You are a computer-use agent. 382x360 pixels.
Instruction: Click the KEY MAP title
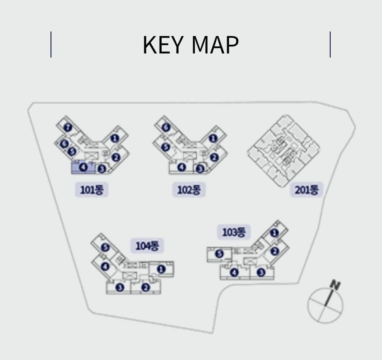click(x=191, y=45)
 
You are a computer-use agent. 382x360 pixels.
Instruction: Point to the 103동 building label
click(x=234, y=232)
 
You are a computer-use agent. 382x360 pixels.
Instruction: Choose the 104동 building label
click(x=147, y=246)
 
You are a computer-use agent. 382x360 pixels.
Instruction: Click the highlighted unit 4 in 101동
click(x=84, y=167)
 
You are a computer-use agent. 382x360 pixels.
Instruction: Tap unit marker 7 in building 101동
click(x=68, y=127)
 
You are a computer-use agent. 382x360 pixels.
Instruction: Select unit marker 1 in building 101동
click(x=115, y=138)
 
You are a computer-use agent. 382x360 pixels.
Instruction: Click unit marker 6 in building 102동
click(x=166, y=127)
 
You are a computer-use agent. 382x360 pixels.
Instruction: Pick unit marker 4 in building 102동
click(x=181, y=167)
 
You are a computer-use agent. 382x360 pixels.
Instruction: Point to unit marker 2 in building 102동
click(x=214, y=157)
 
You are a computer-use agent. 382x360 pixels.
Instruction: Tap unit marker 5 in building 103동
click(x=219, y=254)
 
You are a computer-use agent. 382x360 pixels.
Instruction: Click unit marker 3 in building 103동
click(x=261, y=272)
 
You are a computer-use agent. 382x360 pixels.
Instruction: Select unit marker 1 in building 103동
click(x=274, y=233)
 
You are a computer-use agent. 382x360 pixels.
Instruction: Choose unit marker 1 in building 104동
click(x=161, y=269)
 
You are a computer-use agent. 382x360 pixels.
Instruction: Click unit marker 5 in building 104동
click(x=105, y=247)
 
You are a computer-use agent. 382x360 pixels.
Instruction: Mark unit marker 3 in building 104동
click(x=120, y=287)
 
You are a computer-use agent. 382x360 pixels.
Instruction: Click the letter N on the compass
click(x=335, y=285)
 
